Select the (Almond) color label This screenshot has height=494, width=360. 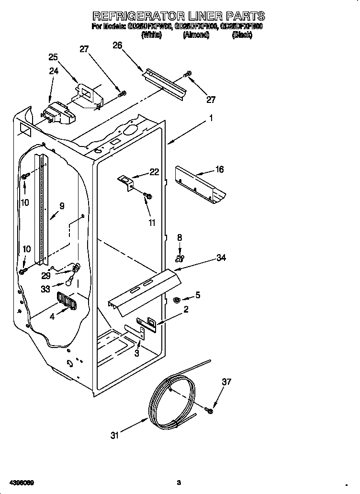(196, 35)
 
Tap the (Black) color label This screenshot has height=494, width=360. (242, 35)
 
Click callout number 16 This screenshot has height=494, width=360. (219, 169)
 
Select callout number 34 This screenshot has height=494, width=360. (221, 258)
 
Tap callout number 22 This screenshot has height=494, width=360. (154, 172)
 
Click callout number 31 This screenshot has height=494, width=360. (114, 435)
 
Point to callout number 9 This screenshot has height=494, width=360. (62, 206)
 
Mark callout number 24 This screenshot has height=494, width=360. (54, 71)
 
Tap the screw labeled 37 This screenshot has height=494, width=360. (209, 410)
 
